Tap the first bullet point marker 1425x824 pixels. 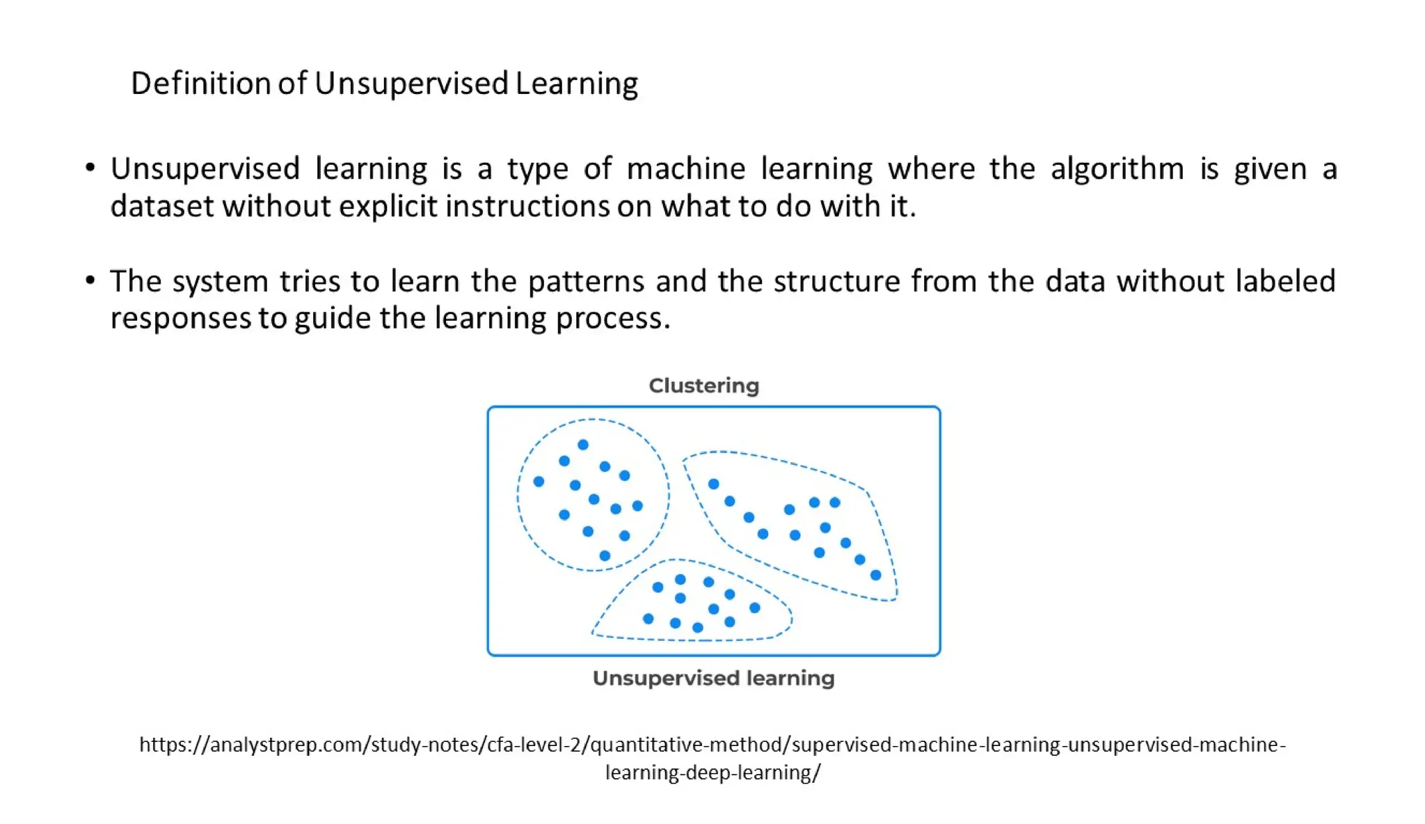tap(90, 167)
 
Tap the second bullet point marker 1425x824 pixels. tap(90, 280)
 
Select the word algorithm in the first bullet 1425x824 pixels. tap(1117, 169)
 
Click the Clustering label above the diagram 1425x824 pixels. tap(703, 386)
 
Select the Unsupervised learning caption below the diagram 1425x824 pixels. tap(713, 678)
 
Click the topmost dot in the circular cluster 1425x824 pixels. tap(583, 445)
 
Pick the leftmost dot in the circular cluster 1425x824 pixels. tap(539, 482)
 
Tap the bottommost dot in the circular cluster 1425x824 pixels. tap(605, 556)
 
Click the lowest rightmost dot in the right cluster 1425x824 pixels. tap(876, 575)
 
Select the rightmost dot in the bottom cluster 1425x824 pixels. tap(755, 608)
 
